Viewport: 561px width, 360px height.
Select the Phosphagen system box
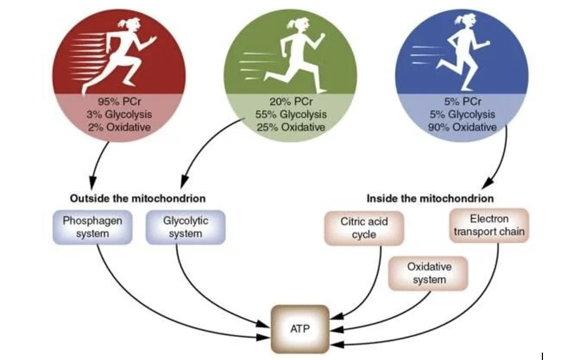92,227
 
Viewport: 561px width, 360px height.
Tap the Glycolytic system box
185,227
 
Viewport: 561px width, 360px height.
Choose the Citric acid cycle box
364,228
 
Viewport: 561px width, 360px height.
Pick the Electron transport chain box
489,225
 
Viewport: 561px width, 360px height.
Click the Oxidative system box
429,273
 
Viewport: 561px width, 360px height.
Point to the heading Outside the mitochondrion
138,199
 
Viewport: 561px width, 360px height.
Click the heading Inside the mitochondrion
430,199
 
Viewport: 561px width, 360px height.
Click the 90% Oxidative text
462,127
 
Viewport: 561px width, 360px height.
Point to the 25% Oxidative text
291,127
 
